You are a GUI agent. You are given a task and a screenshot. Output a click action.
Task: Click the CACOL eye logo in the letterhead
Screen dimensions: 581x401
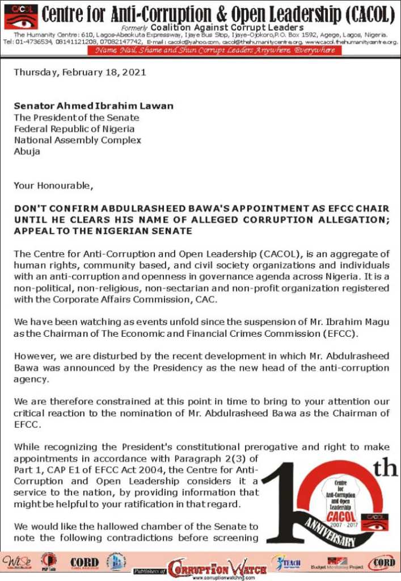(20, 16)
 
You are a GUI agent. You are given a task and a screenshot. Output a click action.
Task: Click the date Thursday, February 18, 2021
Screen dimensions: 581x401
(79, 72)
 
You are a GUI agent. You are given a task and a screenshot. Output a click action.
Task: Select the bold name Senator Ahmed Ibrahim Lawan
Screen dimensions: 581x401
(94, 106)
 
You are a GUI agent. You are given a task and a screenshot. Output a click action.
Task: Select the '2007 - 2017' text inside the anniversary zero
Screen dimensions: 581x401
(340, 523)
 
